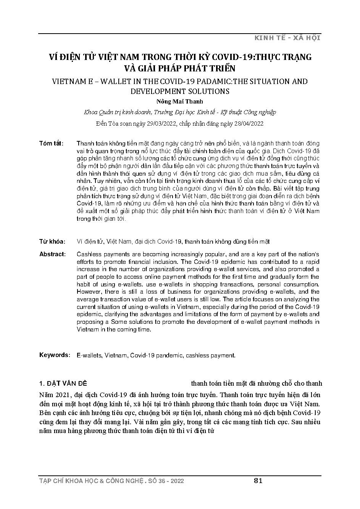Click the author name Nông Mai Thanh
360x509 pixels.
[180, 102]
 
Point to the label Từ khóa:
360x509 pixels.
[52, 242]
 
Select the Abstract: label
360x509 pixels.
[52, 254]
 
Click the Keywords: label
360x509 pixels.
[55, 355]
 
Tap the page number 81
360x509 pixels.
[258, 481]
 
